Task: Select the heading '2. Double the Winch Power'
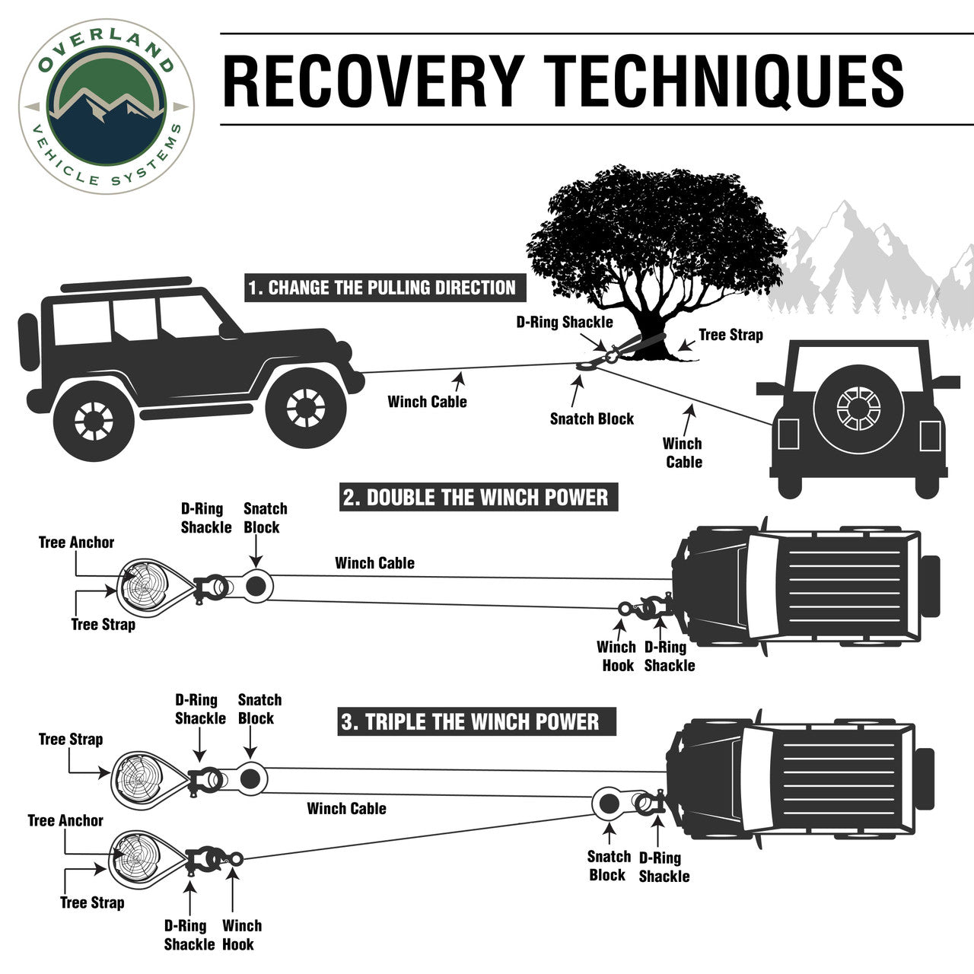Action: (476, 498)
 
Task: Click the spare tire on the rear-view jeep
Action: (857, 409)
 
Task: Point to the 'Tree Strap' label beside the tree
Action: (730, 335)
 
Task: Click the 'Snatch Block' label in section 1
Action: (591, 419)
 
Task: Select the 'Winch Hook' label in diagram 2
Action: (616, 656)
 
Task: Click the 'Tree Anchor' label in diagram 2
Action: (76, 543)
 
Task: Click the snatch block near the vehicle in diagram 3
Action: (610, 803)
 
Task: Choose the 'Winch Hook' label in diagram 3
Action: (241, 935)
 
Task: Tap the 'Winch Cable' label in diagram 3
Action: (346, 808)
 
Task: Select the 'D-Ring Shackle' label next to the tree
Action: (564, 322)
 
